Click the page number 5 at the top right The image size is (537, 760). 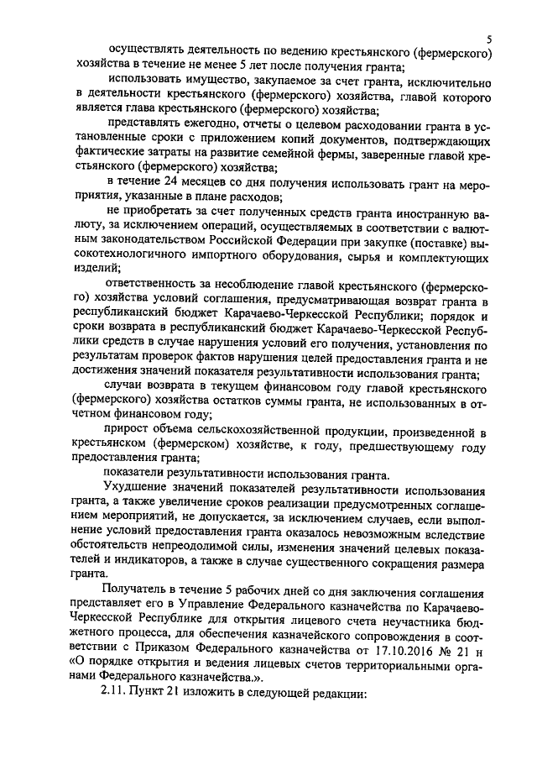click(x=488, y=40)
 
